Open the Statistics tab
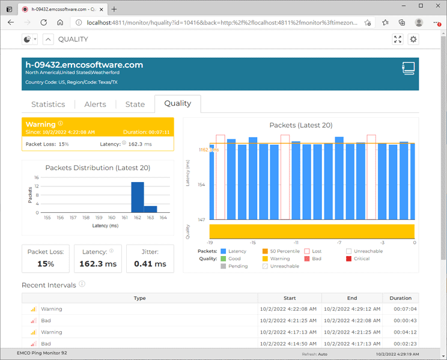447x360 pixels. click(x=48, y=104)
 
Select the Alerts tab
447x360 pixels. click(x=95, y=104)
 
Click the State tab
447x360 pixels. click(x=135, y=104)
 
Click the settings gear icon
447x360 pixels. click(x=413, y=39)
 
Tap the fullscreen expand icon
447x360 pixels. click(x=397, y=39)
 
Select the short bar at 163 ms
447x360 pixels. click(x=150, y=209)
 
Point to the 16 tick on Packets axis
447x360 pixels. click(x=36, y=178)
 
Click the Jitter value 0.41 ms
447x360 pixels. click(x=150, y=264)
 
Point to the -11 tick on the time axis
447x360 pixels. click(x=296, y=242)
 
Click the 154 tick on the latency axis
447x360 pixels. click(x=202, y=185)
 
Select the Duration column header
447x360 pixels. click(x=400, y=298)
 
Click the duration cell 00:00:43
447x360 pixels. click(x=400, y=320)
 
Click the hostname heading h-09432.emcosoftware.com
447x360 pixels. click(x=84, y=65)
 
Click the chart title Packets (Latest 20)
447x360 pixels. click(x=300, y=125)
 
